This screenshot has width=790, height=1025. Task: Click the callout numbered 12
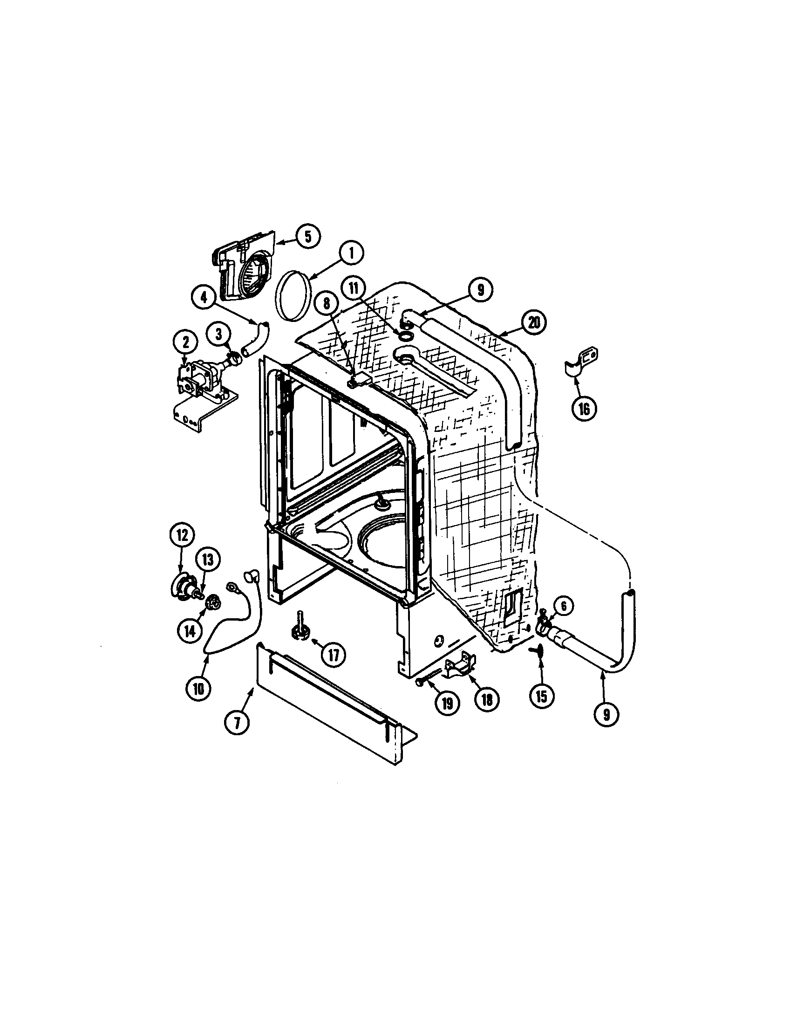(183, 534)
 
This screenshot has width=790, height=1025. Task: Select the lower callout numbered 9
(606, 714)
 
